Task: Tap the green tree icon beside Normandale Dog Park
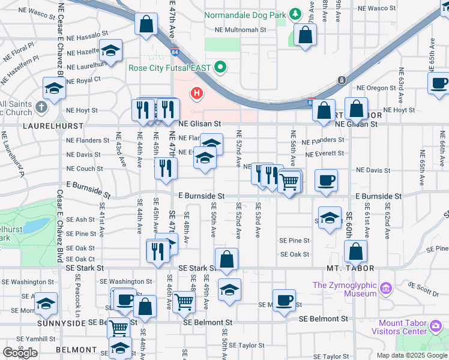point(295,14)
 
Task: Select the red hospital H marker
point(196,93)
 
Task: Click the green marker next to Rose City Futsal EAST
point(220,67)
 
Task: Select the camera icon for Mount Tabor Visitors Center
point(436,327)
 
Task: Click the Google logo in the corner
point(20,352)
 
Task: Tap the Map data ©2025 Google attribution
point(412,355)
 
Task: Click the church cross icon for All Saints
point(41,107)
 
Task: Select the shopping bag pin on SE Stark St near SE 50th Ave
point(226,260)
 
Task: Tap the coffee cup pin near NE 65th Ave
point(439,83)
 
